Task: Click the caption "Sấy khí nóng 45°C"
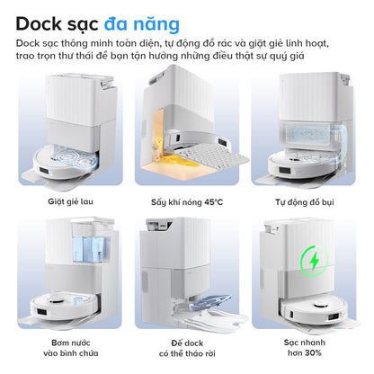point(187,201)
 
